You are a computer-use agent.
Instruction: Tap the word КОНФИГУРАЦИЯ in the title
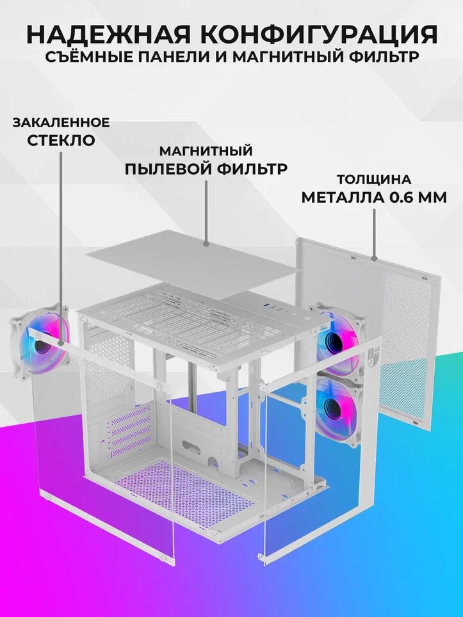323,33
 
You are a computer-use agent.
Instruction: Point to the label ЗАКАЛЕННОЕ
61,122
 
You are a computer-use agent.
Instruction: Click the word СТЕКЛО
61,140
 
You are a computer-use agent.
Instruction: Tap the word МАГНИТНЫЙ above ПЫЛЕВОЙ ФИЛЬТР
206,151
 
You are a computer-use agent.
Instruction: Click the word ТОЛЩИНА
374,179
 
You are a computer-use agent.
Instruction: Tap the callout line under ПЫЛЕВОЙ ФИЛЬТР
206,211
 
